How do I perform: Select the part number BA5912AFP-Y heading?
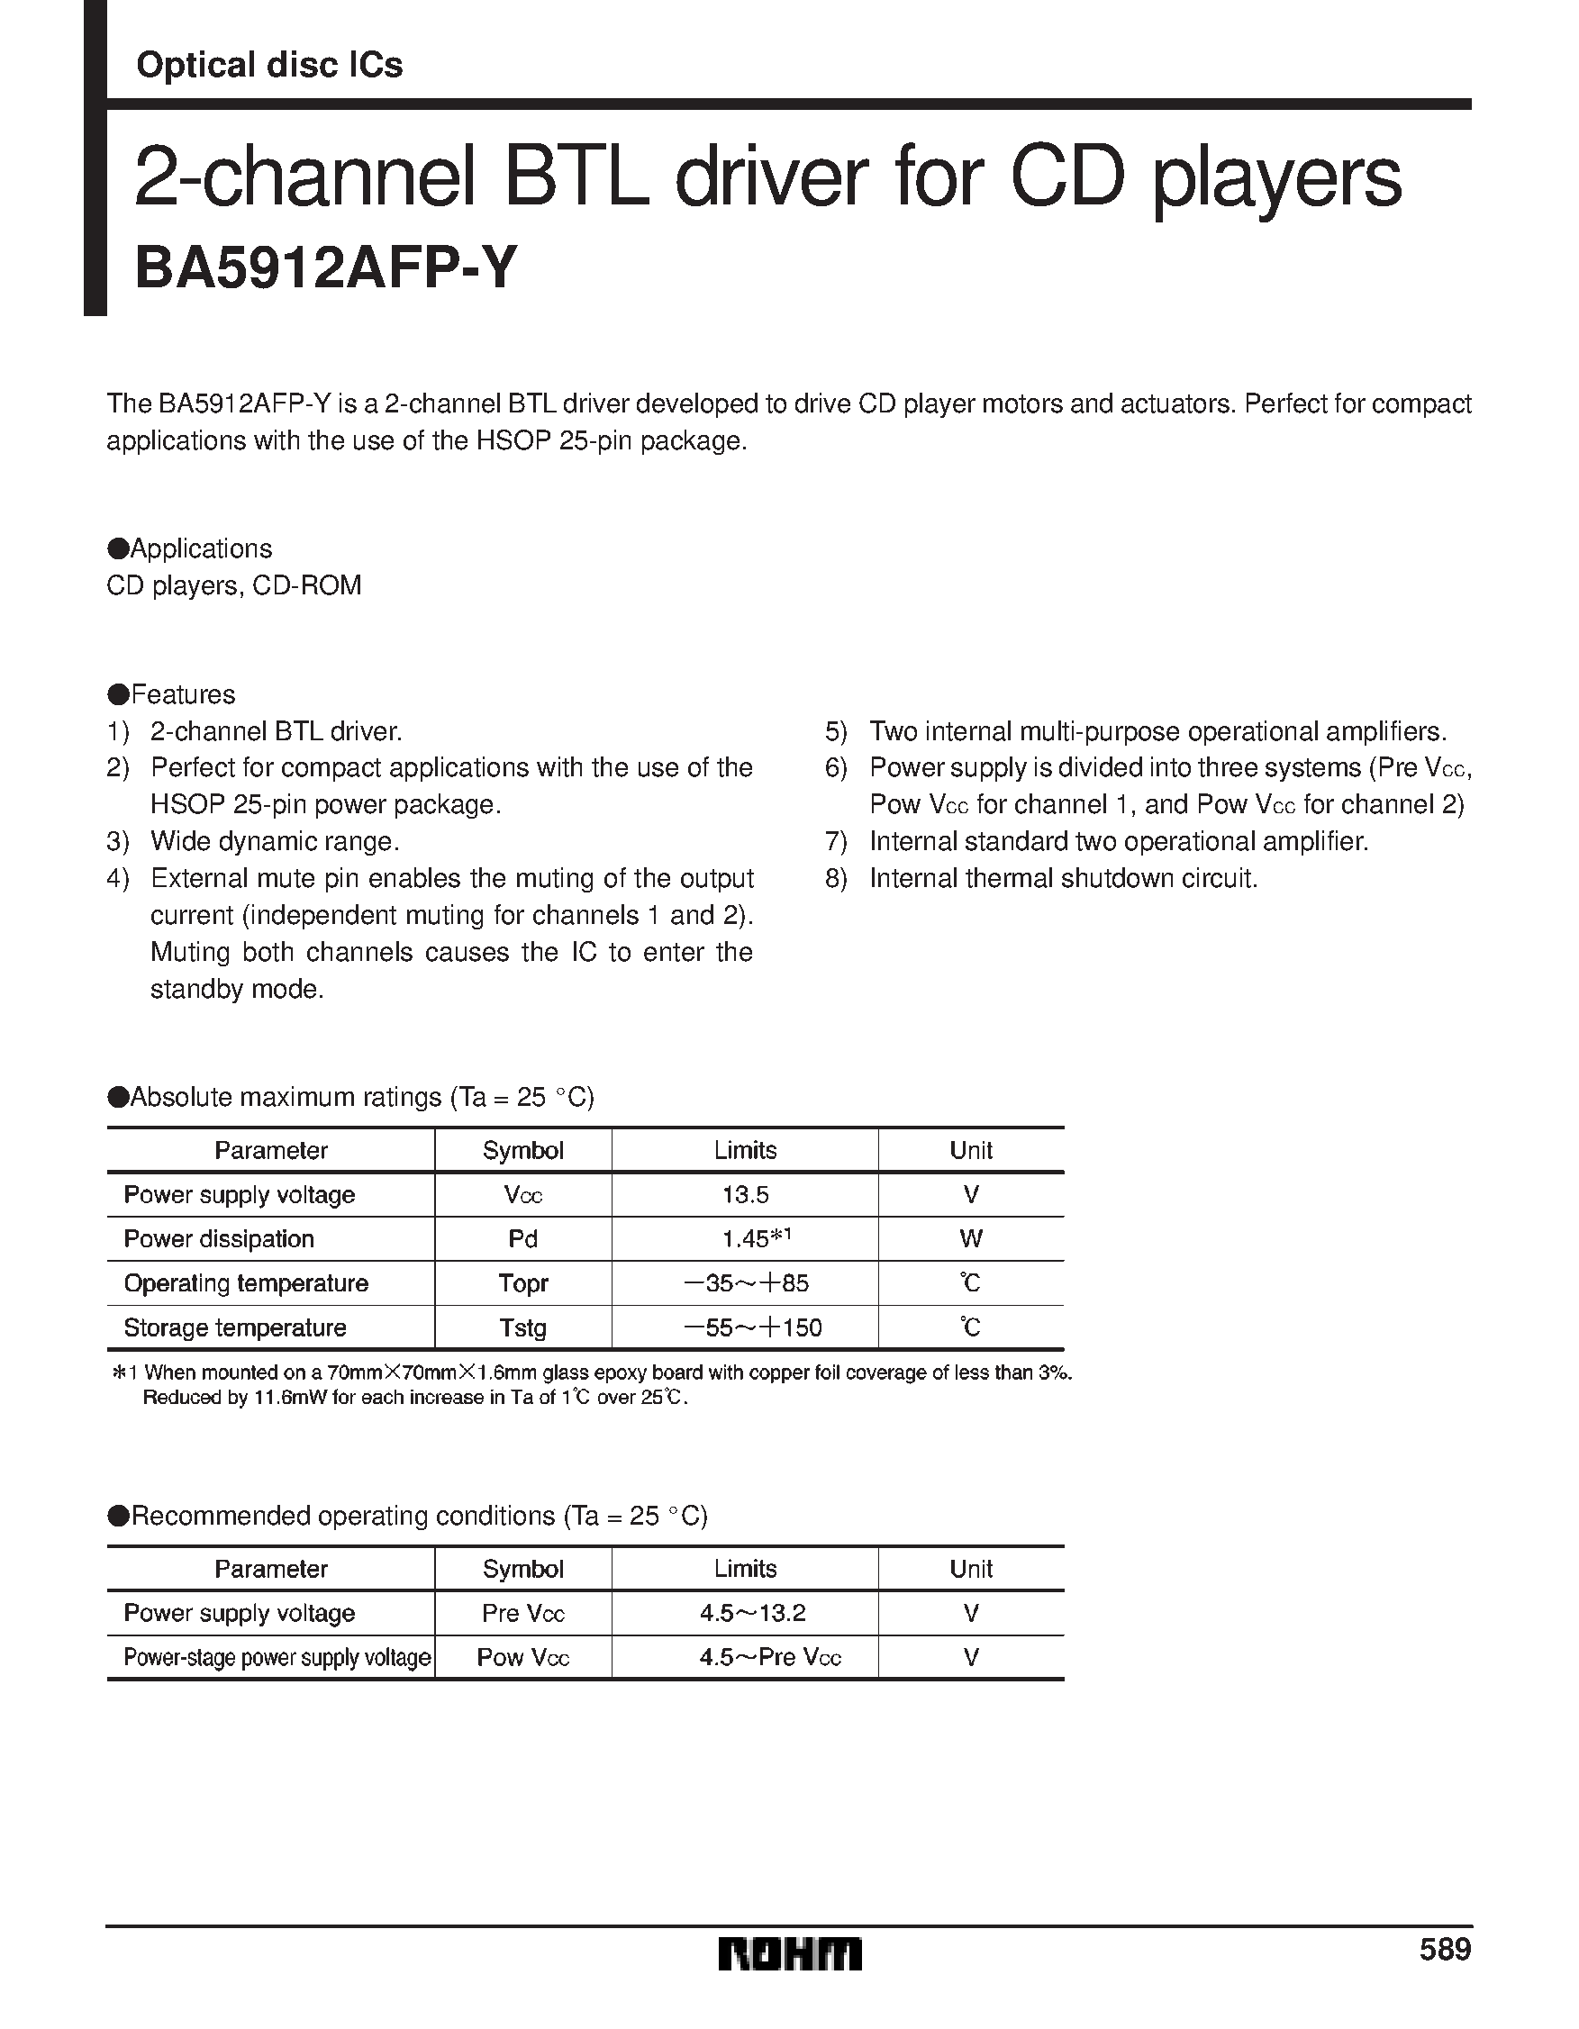pos(324,269)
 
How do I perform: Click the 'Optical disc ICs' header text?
pos(269,65)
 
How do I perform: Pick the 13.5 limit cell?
pos(744,1195)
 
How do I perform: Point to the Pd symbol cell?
pos(522,1239)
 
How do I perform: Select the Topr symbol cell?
pos(522,1283)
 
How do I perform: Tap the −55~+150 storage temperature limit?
pos(753,1327)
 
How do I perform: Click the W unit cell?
pos(970,1239)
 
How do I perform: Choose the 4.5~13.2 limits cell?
pos(752,1614)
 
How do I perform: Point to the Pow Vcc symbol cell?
pos(522,1658)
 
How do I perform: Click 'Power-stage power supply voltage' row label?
pos(277,1658)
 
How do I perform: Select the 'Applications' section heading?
pos(200,549)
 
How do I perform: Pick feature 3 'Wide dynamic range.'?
pos(274,842)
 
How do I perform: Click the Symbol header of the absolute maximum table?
pos(522,1151)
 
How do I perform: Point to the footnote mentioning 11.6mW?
pos(413,1399)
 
